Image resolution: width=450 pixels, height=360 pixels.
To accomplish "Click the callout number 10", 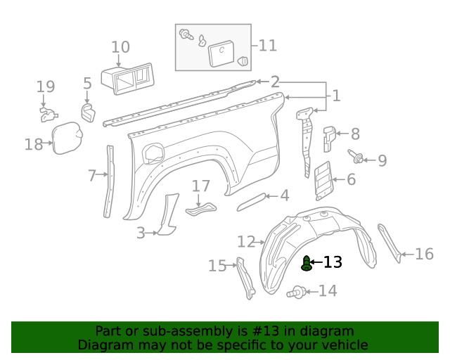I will point(120,47).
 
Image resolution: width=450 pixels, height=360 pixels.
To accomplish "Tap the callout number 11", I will point(267,46).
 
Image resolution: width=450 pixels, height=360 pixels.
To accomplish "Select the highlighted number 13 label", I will point(333,262).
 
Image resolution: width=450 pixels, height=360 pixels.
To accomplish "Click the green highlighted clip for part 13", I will point(307,263).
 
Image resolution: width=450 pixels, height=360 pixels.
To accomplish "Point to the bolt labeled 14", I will point(296,291).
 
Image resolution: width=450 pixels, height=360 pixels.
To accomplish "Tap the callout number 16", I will point(424,254).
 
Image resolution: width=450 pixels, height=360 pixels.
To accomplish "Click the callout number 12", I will point(246,242).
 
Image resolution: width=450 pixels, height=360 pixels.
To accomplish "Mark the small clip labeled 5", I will point(87,112).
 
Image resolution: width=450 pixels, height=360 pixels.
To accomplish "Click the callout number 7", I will point(92,176).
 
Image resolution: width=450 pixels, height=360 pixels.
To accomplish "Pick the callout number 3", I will point(141,232).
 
